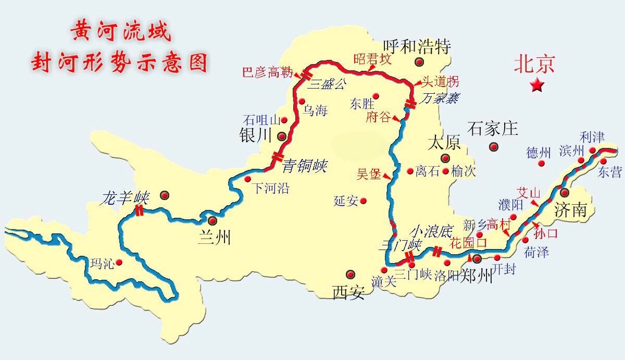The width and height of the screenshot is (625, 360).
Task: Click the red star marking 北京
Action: pyautogui.click(x=537, y=85)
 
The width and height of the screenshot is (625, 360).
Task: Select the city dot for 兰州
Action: pyautogui.click(x=212, y=220)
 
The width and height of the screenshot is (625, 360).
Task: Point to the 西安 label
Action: pyautogui.click(x=348, y=293)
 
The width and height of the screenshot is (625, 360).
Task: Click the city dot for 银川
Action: pyautogui.click(x=282, y=137)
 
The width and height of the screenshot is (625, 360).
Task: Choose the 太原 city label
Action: pyautogui.click(x=444, y=143)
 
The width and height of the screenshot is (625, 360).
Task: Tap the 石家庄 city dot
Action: pyautogui.click(x=493, y=147)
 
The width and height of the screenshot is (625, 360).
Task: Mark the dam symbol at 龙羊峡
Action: pyautogui.click(x=139, y=210)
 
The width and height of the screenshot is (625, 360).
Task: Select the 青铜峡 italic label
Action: pyautogui.click(x=304, y=167)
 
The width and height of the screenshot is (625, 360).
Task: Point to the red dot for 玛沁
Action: pyautogui.click(x=119, y=262)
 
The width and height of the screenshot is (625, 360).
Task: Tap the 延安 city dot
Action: pyautogui.click(x=363, y=201)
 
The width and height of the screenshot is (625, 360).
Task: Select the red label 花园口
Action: pyautogui.click(x=468, y=243)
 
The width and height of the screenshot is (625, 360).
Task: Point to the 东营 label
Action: pyautogui.click(x=610, y=172)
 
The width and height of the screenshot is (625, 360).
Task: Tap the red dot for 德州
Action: pyautogui.click(x=542, y=163)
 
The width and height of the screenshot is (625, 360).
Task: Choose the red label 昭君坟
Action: pyautogui.click(x=372, y=59)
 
